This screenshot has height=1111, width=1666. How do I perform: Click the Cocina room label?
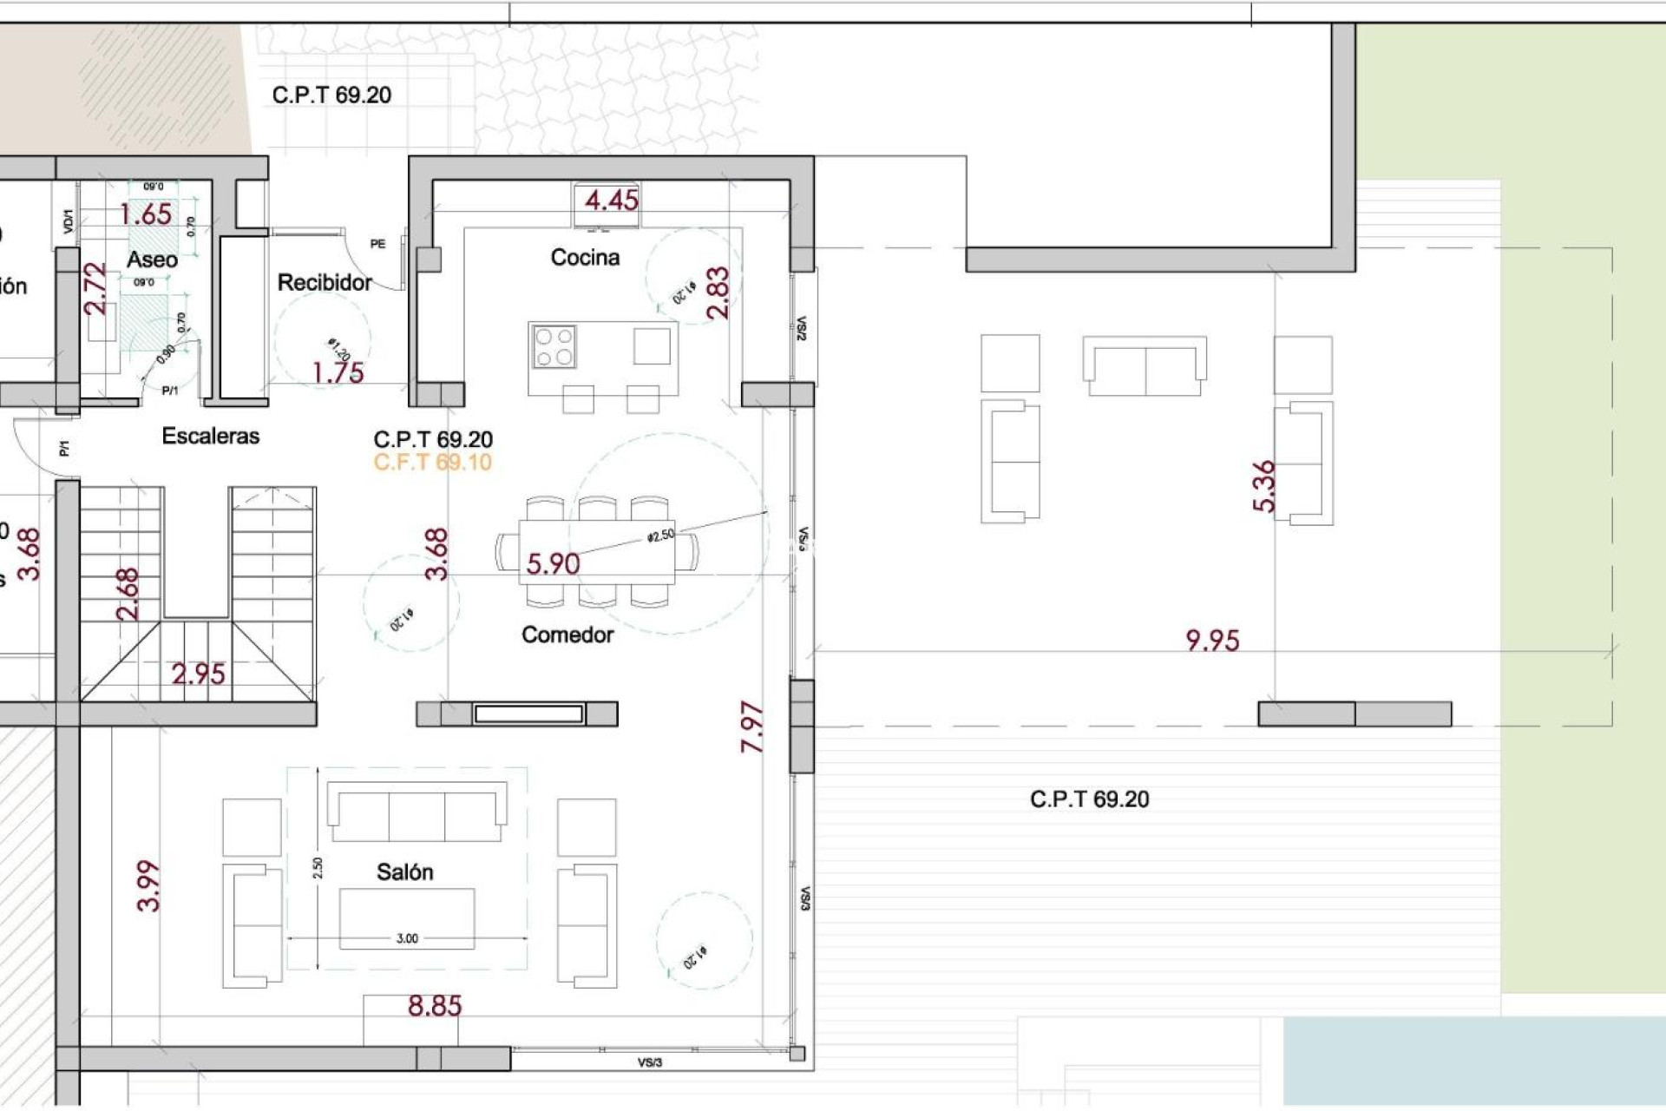coord(585,257)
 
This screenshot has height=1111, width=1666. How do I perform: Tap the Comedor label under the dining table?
coord(567,634)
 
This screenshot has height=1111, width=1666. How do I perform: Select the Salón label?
coord(404,871)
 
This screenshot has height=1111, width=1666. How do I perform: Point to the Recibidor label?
coord(325,282)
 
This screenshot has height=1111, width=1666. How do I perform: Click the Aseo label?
coord(152,259)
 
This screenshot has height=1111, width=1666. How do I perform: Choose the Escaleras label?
coord(211,436)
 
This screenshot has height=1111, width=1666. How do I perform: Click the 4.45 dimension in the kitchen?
coord(612,201)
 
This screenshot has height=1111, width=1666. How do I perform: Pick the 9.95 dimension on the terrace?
coord(1212,641)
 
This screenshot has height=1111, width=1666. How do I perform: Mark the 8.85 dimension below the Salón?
coord(435,1006)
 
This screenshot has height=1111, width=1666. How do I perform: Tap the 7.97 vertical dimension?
coord(752,726)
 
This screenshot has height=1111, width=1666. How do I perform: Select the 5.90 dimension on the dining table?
coord(553,564)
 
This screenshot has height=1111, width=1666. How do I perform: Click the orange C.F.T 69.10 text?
coord(433,463)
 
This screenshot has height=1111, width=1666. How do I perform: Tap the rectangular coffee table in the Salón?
coord(407,918)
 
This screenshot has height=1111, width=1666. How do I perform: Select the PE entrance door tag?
coord(377,244)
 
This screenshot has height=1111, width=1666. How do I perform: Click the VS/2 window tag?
coord(801,328)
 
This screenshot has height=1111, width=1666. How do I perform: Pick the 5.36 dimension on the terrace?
coord(1264,486)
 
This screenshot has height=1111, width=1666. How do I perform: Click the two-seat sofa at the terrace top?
coord(1145,365)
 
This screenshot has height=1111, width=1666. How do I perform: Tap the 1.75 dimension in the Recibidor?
coord(338,373)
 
